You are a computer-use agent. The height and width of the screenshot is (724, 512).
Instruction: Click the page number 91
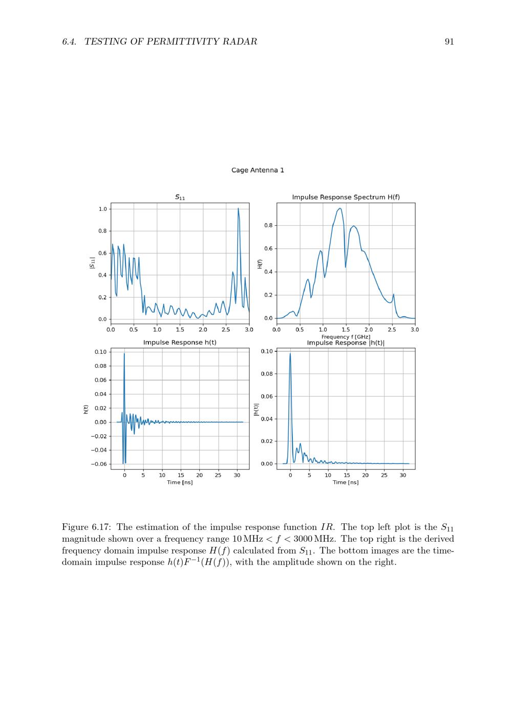pyautogui.click(x=449, y=41)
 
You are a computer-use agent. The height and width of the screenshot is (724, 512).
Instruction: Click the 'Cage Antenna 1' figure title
pyautogui.click(x=258, y=170)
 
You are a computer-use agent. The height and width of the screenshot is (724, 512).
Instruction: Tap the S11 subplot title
pyautogui.click(x=180, y=197)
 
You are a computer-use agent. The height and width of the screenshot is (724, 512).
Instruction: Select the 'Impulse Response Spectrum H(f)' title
pyautogui.click(x=346, y=197)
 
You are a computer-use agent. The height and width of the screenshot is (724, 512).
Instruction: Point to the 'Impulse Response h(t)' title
pyautogui.click(x=180, y=342)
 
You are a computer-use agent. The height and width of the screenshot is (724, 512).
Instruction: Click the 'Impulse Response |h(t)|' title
pyautogui.click(x=346, y=343)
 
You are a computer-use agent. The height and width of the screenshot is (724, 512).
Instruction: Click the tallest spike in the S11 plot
pyautogui.click(x=238, y=208)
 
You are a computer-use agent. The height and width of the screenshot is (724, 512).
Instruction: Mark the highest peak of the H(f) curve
pyautogui.click(x=340, y=208)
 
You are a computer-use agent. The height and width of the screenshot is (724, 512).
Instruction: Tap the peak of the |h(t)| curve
pyautogui.click(x=290, y=354)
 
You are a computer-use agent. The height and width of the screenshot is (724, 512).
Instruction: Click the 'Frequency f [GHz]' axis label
pyautogui.click(x=346, y=337)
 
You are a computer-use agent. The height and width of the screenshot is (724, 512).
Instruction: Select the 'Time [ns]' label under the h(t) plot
pyautogui.click(x=180, y=482)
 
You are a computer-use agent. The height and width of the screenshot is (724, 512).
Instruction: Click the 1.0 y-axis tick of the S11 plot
pyautogui.click(x=103, y=209)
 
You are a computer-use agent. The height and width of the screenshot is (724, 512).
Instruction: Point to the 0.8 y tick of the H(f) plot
pyautogui.click(x=269, y=225)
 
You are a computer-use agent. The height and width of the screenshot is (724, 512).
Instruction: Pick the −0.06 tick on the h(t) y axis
pyautogui.click(x=99, y=464)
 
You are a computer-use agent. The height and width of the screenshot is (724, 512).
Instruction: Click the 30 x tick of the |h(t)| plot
pyautogui.click(x=403, y=475)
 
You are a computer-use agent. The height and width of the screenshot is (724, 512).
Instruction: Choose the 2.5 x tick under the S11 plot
pyautogui.click(x=226, y=330)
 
